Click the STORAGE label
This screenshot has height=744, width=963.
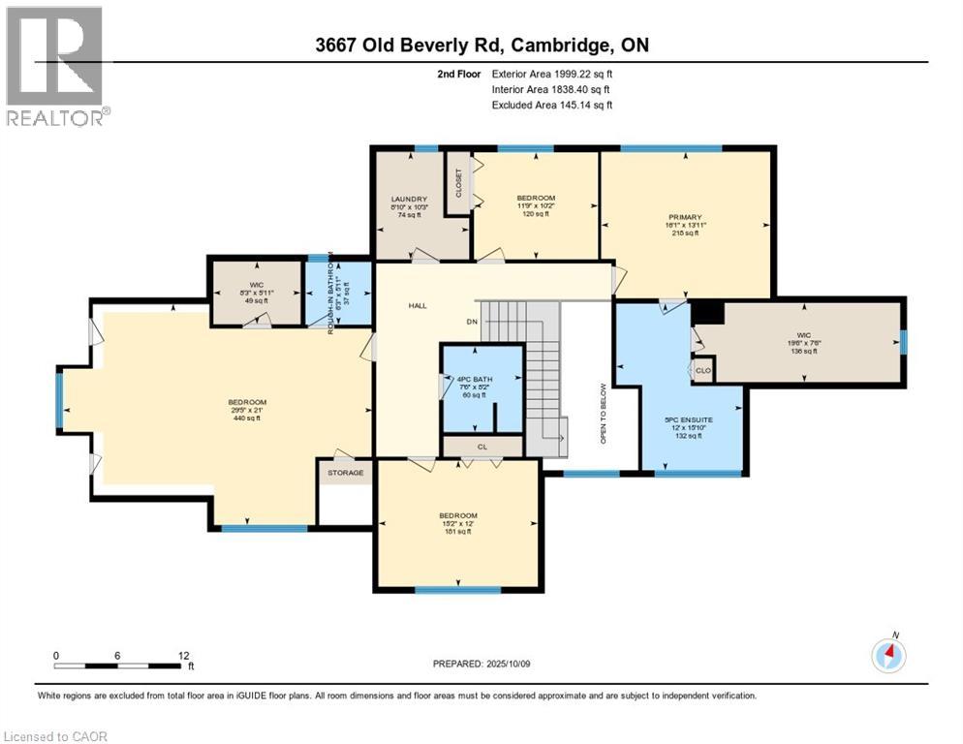coord(345,473)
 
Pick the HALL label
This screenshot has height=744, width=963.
coord(417,305)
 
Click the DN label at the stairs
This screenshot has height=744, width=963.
coord(472,322)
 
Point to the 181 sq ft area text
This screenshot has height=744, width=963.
coord(457,532)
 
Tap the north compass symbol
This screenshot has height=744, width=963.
coord(888,656)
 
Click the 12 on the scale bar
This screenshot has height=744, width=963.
coord(184,655)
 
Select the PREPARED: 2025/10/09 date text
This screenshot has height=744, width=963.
coord(481,664)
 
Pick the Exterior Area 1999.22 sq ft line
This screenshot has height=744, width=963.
coord(551,73)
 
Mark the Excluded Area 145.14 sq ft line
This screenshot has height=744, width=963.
coord(551,105)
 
